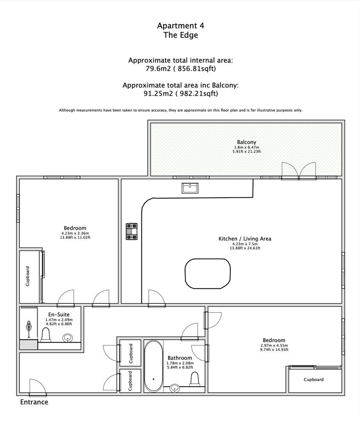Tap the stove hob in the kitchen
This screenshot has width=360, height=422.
[131, 231]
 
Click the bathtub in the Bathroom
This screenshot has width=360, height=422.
[153, 366]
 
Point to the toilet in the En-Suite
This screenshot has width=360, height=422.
[46, 335]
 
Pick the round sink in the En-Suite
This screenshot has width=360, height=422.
[68, 338]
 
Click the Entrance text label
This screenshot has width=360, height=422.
[34, 402]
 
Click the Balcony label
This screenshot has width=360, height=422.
[246, 142]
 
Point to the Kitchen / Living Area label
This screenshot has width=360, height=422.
[244, 239]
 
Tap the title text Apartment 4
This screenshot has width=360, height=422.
[180, 26]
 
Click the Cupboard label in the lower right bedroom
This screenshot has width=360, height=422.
[314, 379]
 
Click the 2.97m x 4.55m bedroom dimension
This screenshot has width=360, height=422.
[274, 345]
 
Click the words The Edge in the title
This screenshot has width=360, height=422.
[180, 35]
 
